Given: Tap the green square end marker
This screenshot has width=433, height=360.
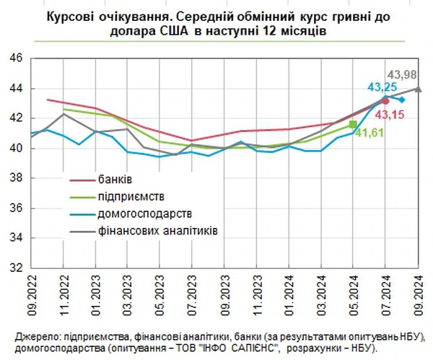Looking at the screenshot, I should (352, 124).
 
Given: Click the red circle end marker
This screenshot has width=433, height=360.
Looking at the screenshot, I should (385, 101).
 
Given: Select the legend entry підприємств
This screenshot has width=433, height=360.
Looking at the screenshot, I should (131, 196).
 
